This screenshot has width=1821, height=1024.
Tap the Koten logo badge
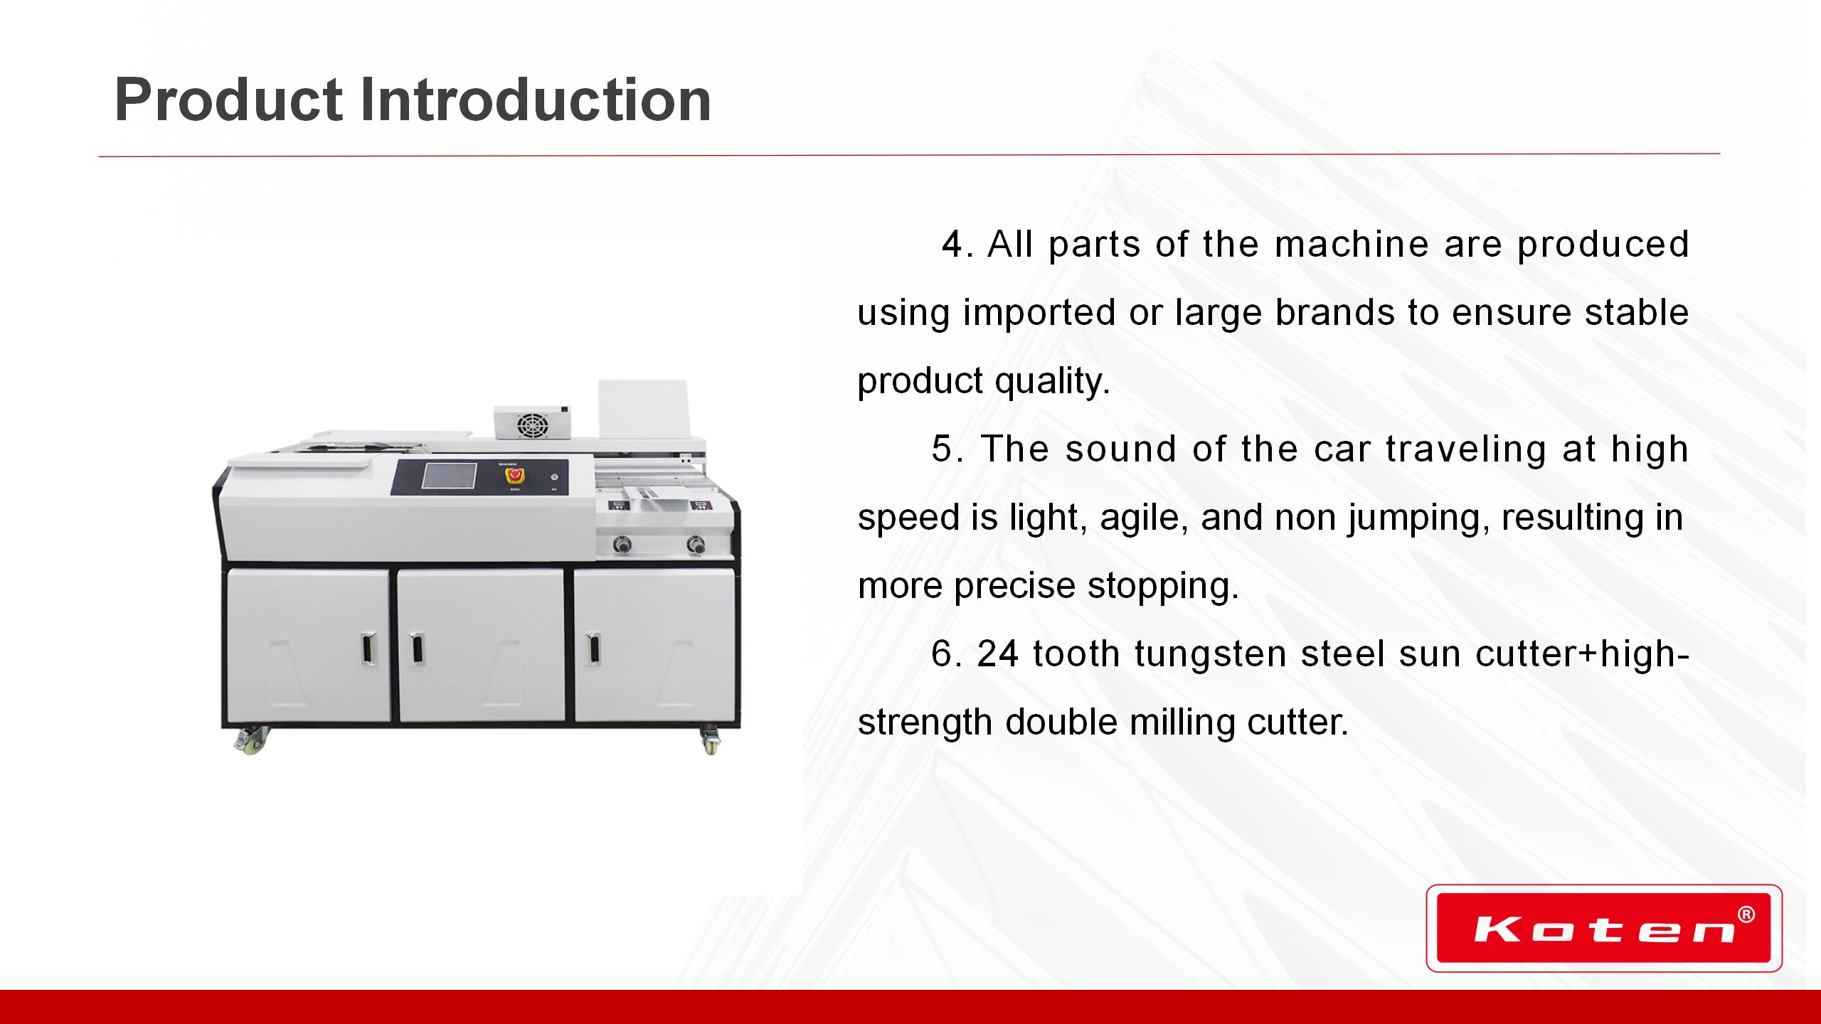[1604, 928]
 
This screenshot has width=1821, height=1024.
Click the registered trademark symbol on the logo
[1746, 914]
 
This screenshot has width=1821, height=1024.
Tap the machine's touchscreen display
[449, 476]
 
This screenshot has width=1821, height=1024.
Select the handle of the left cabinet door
[368, 651]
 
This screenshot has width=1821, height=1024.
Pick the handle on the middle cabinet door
[416, 651]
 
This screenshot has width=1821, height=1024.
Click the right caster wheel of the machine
[710, 741]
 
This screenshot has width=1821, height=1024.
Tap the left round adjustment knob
[623, 545]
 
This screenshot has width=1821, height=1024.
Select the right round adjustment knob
[694, 545]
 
